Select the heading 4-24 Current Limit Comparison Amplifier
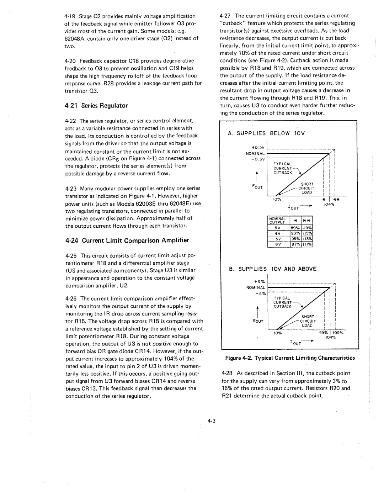pyautogui.click(x=127, y=240)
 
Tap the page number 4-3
pyautogui.click(x=212, y=421)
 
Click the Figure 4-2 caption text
pyautogui.click(x=290, y=358)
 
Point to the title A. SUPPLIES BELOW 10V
pyautogui.click(x=266, y=133)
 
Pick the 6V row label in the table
pyautogui.click(x=278, y=244)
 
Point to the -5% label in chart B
pyautogui.click(x=261, y=294)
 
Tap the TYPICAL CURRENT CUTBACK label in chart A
pyautogui.click(x=282, y=168)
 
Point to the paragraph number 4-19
pyautogui.click(x=70, y=16)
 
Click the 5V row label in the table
pyautogui.click(x=278, y=239)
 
